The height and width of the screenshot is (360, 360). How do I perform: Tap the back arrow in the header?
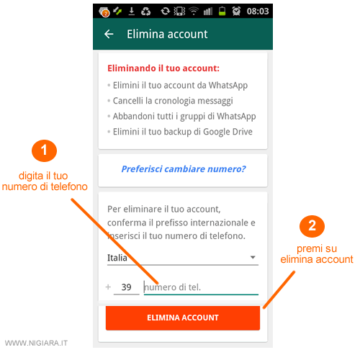pos(109,34)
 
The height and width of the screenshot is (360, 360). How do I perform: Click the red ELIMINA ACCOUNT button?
pos(183,318)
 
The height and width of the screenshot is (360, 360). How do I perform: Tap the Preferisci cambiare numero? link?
pos(184,169)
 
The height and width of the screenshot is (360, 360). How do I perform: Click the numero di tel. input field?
pos(201,287)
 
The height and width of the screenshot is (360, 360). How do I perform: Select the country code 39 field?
pos(126,287)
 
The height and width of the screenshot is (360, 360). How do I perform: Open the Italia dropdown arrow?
pos(253,257)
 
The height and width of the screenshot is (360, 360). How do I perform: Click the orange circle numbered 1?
pos(44,150)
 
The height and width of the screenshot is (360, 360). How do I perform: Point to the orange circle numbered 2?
pos(312,226)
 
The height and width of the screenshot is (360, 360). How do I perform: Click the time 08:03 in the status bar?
pos(258,12)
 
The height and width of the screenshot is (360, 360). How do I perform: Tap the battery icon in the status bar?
pos(222,11)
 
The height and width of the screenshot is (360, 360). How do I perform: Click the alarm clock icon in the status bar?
pos(236,11)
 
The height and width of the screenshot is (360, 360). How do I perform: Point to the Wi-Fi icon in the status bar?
pos(194,11)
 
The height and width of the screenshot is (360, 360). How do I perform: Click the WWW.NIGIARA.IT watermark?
pos(36,343)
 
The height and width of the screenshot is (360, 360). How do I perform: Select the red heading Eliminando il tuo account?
pos(163,68)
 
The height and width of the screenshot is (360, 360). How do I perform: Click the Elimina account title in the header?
pos(167,34)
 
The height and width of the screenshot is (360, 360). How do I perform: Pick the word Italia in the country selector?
pos(117,258)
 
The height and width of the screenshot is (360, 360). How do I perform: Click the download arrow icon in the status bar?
pos(132,11)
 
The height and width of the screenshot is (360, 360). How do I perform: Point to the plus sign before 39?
pos(108,287)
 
